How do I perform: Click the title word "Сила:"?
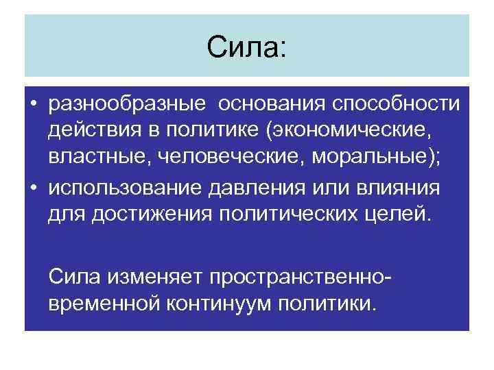[247, 49]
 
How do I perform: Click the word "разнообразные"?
[127, 104]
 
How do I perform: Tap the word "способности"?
[397, 104]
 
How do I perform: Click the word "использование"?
[123, 188]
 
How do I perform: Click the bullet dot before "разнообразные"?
[33, 105]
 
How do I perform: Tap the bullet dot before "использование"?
[33, 188]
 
